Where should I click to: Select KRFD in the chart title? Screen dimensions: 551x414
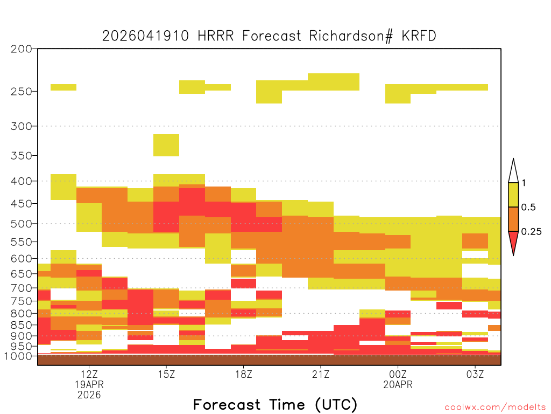(419, 36)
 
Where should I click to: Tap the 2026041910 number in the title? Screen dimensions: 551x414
(145, 36)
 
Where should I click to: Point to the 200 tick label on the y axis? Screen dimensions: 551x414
(22, 49)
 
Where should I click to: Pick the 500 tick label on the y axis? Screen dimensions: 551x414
(22, 224)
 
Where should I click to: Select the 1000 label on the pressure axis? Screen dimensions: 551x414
(18, 356)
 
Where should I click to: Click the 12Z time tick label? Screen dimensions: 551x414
(89, 374)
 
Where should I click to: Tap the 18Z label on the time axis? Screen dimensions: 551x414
(244, 374)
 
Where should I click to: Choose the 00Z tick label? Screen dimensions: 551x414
(398, 374)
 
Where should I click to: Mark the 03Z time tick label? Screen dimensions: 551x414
(475, 374)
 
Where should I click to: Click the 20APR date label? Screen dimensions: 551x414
(398, 384)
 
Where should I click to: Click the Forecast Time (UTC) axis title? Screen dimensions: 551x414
(275, 405)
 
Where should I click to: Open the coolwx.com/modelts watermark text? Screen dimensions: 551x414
(495, 408)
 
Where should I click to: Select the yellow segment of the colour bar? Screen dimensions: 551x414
(513, 195)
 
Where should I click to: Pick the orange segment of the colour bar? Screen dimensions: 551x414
(513, 219)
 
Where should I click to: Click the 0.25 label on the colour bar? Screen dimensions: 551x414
(531, 231)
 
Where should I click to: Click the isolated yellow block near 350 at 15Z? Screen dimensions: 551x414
(166, 145)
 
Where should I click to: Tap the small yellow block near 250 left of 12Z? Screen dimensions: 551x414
(63, 87)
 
